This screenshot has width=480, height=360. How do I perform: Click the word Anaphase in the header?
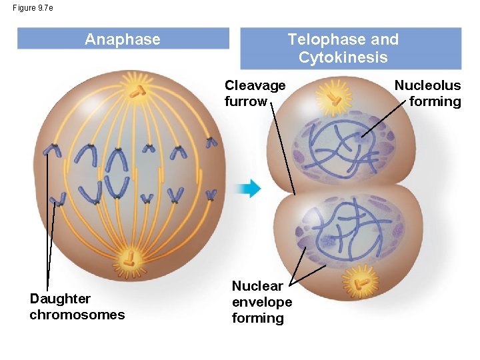click(123, 39)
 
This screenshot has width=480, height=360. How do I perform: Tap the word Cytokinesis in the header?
click(343, 57)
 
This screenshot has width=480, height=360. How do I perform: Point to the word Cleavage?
click(255, 85)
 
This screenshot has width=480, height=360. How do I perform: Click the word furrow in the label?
click(245, 101)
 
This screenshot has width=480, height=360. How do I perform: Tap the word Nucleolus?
click(427, 85)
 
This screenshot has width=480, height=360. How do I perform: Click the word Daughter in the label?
click(60, 298)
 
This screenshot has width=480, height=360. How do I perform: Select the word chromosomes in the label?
click(77, 314)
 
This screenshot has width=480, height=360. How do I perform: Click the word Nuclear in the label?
click(257, 286)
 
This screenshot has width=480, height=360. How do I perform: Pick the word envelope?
click(261, 302)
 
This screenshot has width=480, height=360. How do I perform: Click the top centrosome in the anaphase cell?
click(137, 91)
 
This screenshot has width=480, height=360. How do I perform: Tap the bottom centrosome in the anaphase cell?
click(129, 257)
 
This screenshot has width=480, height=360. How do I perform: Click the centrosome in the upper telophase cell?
click(334, 101)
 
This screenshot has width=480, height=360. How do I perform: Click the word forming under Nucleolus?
click(435, 101)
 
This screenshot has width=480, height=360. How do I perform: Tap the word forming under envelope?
click(257, 318)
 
